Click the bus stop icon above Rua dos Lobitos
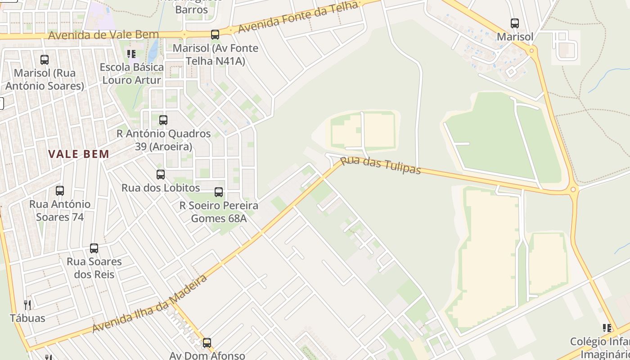(161, 174)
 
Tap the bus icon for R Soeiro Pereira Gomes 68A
(219, 192)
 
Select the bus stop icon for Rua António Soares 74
(60, 191)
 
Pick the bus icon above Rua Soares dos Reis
(94, 248)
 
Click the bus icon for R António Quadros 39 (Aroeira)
(163, 120)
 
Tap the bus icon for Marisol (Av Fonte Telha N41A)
(215, 34)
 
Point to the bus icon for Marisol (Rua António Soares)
(45, 59)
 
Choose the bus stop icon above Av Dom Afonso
(207, 342)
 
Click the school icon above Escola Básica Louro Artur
(131, 54)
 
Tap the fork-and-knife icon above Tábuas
(27, 305)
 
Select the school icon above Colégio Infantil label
(607, 328)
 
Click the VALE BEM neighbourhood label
(79, 154)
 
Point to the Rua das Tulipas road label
(380, 165)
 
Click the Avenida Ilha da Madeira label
(150, 304)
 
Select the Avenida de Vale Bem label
(103, 35)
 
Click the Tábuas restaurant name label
(27, 318)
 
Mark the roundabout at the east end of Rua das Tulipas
(573, 189)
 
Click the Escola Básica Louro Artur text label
(131, 73)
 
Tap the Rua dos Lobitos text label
(161, 188)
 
